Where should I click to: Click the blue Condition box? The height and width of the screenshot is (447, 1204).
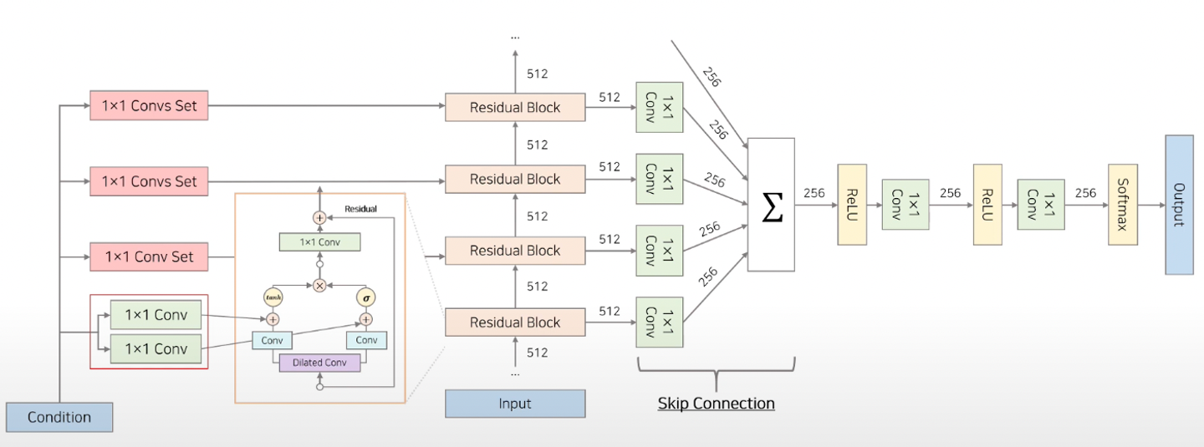(x=59, y=417)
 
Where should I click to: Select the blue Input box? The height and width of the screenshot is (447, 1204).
(x=515, y=404)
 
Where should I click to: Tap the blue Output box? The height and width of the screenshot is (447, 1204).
(x=1179, y=205)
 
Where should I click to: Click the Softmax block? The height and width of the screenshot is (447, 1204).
(x=1123, y=205)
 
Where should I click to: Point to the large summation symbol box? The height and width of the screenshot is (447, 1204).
(x=771, y=205)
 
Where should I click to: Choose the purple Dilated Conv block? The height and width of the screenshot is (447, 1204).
(x=319, y=363)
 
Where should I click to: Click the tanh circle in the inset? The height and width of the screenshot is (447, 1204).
(x=273, y=297)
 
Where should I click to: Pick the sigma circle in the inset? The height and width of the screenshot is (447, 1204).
(x=365, y=297)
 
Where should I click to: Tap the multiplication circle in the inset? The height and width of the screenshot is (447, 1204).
(x=319, y=285)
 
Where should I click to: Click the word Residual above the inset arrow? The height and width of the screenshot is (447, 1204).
(x=360, y=209)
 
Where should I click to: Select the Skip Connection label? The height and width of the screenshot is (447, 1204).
(x=716, y=404)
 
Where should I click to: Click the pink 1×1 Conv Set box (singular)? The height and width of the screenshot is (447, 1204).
(x=149, y=257)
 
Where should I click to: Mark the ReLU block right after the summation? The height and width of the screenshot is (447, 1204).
(x=852, y=205)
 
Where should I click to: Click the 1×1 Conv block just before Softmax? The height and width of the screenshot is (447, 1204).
(x=1041, y=205)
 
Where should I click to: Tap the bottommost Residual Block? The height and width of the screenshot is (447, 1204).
(x=515, y=323)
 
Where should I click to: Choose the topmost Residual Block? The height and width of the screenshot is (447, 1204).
(x=515, y=107)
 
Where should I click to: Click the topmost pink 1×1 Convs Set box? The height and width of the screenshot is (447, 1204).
(x=149, y=106)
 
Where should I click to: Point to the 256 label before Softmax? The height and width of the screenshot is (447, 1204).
(x=1085, y=193)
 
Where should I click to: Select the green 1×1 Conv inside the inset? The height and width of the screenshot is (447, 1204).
(x=319, y=242)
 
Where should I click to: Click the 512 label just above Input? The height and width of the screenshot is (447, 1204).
(x=538, y=353)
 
